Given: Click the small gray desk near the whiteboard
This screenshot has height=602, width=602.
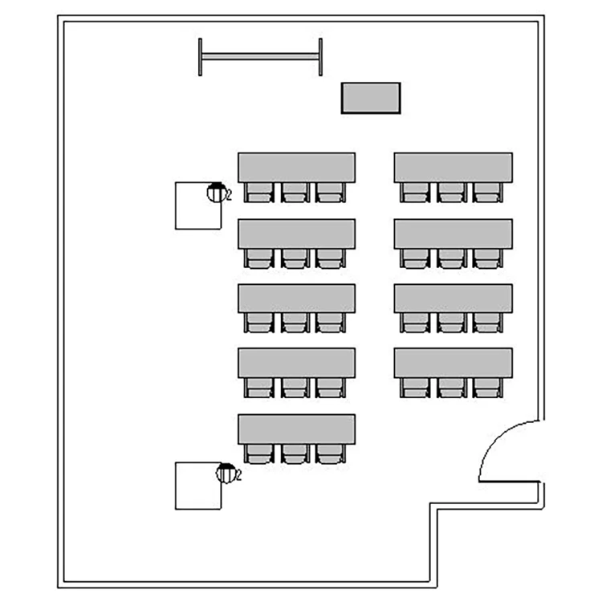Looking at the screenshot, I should (x=371, y=98).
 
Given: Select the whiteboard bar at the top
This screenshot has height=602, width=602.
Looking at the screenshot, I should (x=260, y=56).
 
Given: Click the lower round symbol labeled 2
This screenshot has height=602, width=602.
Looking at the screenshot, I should (x=226, y=473).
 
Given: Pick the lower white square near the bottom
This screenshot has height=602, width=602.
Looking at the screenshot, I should (x=197, y=486).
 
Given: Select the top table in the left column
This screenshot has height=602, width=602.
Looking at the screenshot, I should (x=296, y=167).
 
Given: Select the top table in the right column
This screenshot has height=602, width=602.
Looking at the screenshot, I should (x=453, y=167).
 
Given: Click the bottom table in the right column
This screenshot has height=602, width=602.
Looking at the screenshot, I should (x=453, y=363).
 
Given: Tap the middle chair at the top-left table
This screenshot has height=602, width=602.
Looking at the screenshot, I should (x=295, y=192).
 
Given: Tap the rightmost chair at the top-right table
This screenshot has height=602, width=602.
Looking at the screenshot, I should (x=486, y=192).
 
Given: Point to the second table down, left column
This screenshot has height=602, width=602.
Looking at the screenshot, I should (x=296, y=233).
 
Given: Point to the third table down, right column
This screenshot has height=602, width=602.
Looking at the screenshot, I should (x=453, y=298).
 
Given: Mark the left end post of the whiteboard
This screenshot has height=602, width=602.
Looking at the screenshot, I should (x=201, y=57).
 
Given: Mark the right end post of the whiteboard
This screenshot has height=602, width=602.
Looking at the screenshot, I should (x=320, y=57).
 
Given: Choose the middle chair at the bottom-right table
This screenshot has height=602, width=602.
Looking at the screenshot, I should (x=451, y=388).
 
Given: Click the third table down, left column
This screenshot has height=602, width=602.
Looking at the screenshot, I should (x=296, y=298).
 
